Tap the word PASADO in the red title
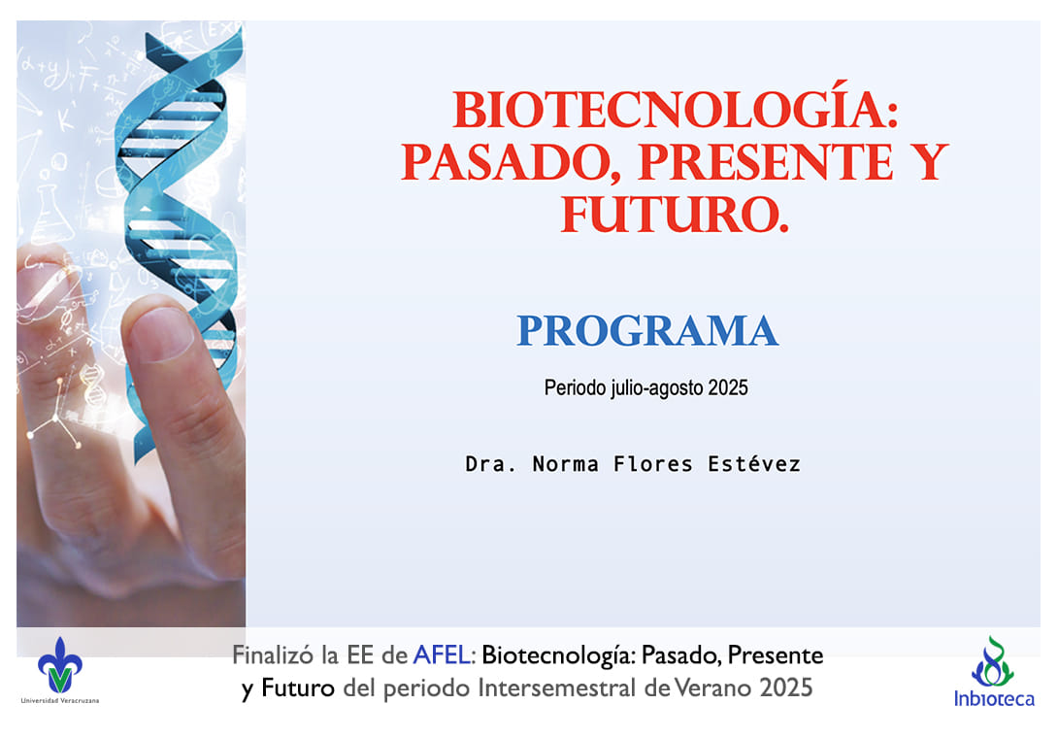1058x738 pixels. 511,162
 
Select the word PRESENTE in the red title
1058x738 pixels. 765,162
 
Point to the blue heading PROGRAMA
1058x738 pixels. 647,330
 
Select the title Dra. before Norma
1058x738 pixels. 490,464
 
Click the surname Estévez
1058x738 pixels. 753,464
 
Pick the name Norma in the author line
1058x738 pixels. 565,464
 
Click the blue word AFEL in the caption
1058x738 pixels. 442,654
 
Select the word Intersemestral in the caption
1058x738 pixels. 557,688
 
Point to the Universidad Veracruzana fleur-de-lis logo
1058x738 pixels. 60,665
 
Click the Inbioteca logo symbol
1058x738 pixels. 993,661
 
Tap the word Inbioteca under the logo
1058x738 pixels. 994,698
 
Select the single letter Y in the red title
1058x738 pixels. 931,162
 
